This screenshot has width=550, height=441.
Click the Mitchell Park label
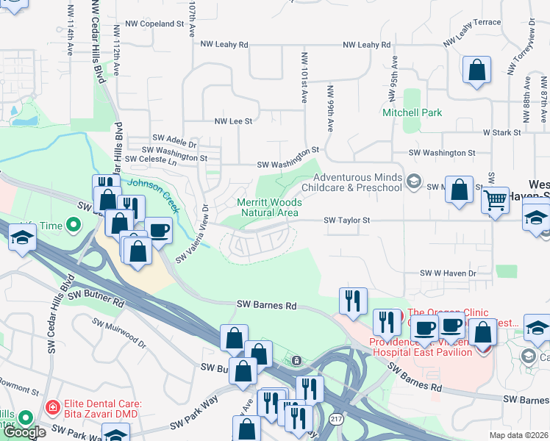tap(412, 112)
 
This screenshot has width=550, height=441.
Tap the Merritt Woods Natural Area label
tap(268, 207)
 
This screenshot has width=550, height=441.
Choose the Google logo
tap(24, 432)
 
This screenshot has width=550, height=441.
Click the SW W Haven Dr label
tap(448, 273)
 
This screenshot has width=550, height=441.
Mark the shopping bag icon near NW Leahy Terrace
tap(477, 71)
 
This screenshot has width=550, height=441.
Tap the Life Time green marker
tap(74, 223)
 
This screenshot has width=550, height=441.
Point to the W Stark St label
tap(501, 132)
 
